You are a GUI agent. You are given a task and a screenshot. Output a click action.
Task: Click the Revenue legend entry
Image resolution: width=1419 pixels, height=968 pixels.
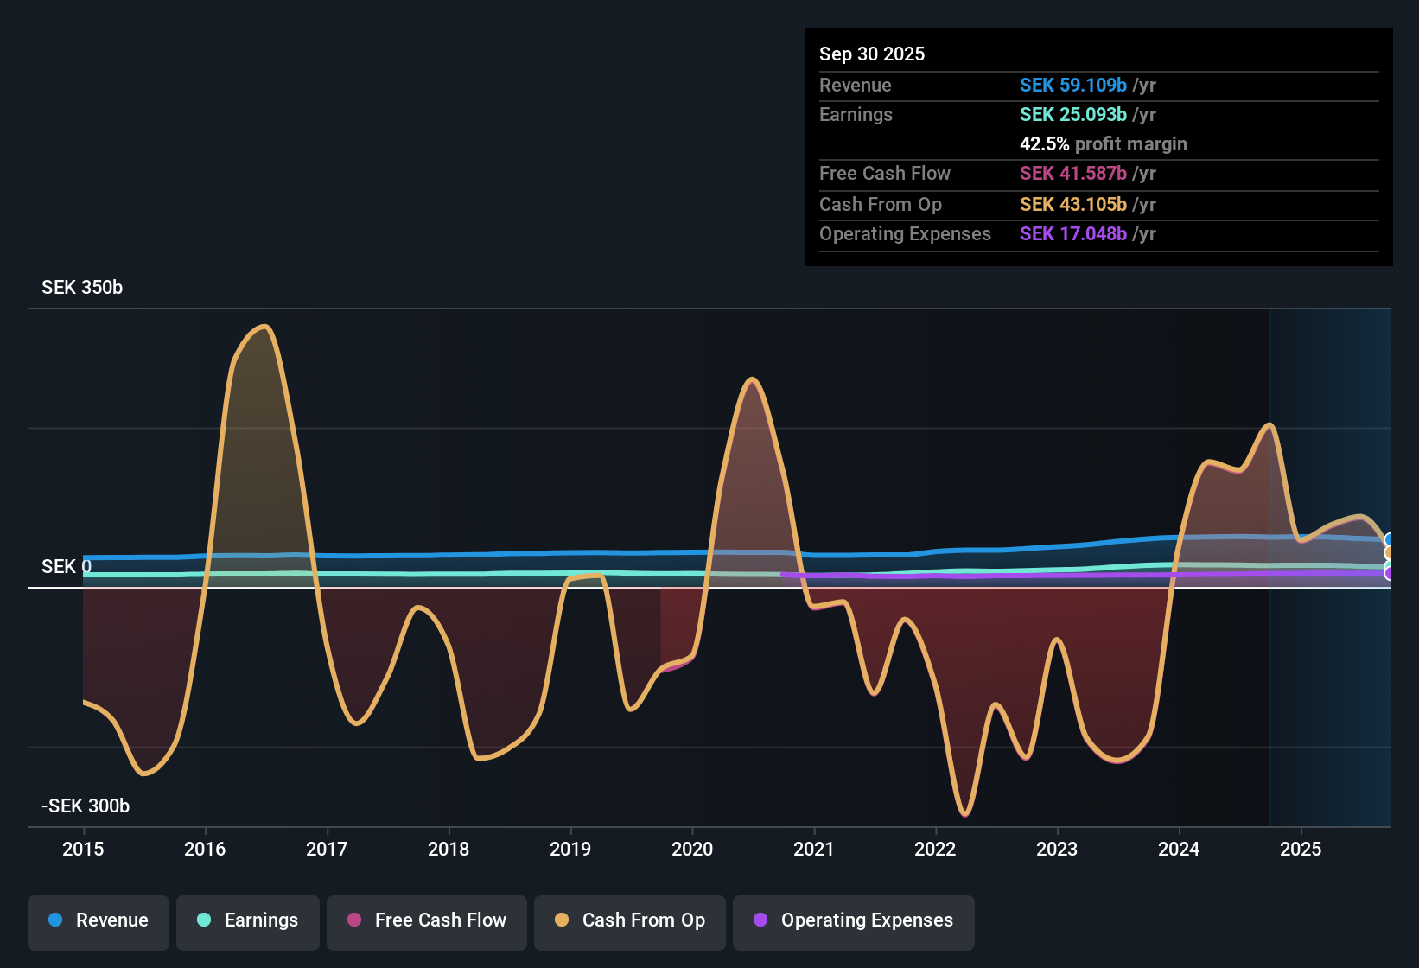99,920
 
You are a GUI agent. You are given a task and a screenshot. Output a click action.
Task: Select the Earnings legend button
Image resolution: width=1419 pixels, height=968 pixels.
248,920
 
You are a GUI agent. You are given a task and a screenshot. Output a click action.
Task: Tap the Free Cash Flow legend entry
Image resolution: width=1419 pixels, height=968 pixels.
427,920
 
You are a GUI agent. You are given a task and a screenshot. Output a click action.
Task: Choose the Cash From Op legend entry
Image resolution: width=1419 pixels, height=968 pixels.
630,920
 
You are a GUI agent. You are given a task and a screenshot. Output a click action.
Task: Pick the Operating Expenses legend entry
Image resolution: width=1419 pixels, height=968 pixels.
854,920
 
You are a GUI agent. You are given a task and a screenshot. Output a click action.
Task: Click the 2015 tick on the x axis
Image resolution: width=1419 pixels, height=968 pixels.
83,849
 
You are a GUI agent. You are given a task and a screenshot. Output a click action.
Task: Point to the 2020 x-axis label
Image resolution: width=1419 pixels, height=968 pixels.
692,849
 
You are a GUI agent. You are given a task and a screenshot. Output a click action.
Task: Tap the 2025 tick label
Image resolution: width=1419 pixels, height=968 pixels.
1301,849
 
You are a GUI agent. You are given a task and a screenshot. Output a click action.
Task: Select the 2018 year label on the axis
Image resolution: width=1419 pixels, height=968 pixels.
449,849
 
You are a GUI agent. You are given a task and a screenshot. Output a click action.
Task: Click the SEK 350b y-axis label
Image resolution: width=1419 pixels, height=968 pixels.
82,288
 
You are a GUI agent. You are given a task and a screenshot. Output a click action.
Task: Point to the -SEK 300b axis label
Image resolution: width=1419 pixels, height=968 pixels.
86,806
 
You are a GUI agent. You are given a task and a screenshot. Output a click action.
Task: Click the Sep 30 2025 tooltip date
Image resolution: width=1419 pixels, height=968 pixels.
872,54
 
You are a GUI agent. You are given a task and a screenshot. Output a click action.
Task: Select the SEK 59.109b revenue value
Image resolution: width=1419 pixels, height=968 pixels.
1072,86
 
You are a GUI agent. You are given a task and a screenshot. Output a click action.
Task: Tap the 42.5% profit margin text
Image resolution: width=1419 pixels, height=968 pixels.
1103,144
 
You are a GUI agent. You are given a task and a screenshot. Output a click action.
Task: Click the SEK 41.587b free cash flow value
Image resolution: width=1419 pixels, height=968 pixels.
1072,174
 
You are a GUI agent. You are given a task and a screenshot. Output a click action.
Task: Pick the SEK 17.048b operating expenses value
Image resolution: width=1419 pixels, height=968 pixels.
1072,234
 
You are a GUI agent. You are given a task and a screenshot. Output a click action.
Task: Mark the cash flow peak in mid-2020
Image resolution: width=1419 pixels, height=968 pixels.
753,379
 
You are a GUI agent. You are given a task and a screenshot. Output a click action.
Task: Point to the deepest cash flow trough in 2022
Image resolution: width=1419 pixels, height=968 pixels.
964,814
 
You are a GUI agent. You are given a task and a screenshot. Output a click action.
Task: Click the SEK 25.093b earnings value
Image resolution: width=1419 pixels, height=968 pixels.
1072,115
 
